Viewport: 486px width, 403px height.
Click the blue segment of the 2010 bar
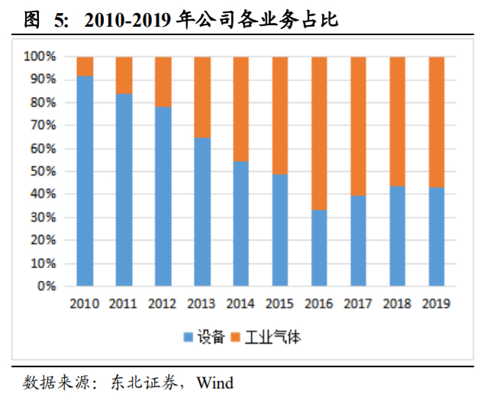click(85, 181)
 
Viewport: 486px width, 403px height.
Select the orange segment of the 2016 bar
click(319, 133)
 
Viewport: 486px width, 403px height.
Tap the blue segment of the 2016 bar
click(319, 248)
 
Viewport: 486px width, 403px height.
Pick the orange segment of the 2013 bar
click(201, 97)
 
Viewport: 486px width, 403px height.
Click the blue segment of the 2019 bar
click(436, 237)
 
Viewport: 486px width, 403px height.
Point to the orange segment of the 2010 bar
click(85, 66)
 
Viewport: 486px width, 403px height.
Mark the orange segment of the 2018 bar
click(397, 121)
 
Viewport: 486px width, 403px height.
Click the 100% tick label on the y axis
click(40, 56)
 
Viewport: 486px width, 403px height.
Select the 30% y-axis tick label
click(43, 218)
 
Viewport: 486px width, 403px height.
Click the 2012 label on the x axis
click(163, 304)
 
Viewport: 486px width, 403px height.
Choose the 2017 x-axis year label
click(358, 304)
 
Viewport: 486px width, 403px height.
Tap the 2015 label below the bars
click(280, 304)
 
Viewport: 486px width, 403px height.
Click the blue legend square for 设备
click(187, 337)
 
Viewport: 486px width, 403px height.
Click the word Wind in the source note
click(215, 382)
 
